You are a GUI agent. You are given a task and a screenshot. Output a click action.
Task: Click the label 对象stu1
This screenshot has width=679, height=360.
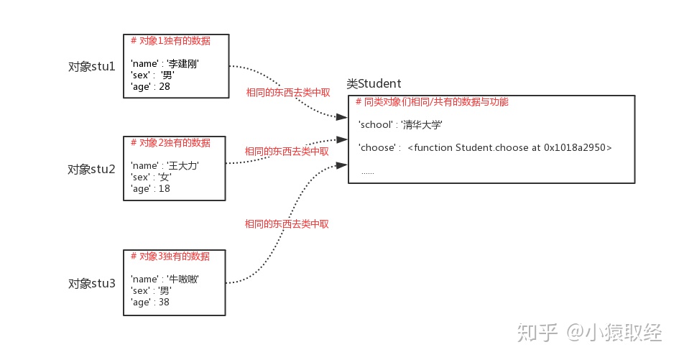pos(91,67)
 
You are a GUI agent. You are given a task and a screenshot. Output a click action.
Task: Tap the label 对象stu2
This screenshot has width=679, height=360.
pos(91,170)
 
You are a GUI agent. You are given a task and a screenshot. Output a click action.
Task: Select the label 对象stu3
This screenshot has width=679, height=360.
pos(91,283)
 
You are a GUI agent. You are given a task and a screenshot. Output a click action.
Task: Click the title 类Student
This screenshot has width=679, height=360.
pos(374,84)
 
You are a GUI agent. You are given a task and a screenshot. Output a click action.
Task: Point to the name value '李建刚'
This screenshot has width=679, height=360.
pos(183,64)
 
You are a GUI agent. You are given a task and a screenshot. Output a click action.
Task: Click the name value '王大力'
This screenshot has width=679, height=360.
pos(183,166)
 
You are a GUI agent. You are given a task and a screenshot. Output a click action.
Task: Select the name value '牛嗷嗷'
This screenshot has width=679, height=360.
pos(183,279)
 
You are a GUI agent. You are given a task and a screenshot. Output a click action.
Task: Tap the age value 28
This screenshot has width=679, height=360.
pos(165,86)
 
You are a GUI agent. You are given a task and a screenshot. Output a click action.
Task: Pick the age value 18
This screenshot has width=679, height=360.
pos(165,188)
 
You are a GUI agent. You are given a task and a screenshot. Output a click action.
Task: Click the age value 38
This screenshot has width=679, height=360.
pos(165,302)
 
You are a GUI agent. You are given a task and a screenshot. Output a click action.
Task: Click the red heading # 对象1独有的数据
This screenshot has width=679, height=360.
pos(170,41)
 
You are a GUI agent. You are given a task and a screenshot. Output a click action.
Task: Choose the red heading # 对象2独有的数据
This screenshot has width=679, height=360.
pos(170,143)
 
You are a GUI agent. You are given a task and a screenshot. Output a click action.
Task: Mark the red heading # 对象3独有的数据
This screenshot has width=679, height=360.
pos(170,257)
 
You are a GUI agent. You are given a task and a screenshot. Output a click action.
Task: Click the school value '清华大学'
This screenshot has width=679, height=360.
pos(422,125)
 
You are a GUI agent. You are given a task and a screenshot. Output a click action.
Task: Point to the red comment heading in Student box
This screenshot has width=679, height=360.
pos(432,102)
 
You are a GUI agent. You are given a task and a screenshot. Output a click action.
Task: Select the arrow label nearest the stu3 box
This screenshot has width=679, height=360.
pos(287,224)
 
